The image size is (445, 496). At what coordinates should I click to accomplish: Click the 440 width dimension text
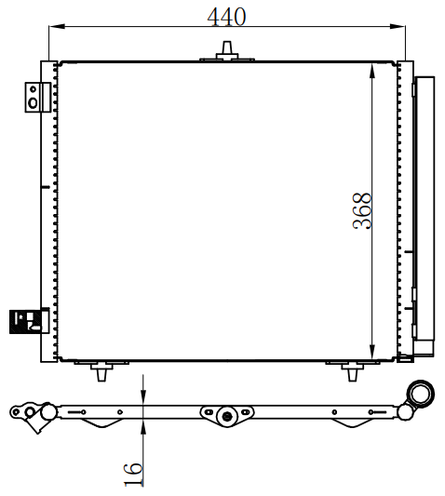[x=226, y=17]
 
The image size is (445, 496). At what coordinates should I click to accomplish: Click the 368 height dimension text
[x=362, y=210]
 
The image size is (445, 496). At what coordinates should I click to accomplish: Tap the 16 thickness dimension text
[x=133, y=474]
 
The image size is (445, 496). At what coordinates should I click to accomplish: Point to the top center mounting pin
[x=227, y=50]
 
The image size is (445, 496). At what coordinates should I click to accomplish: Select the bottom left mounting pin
[x=101, y=371]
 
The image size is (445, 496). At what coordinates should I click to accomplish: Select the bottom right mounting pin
[x=353, y=371]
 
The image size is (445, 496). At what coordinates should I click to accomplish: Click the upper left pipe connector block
[x=37, y=97]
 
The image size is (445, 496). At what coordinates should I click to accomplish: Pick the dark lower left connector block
[x=30, y=321]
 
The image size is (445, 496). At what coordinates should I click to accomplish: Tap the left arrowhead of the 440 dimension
[x=57, y=26]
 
